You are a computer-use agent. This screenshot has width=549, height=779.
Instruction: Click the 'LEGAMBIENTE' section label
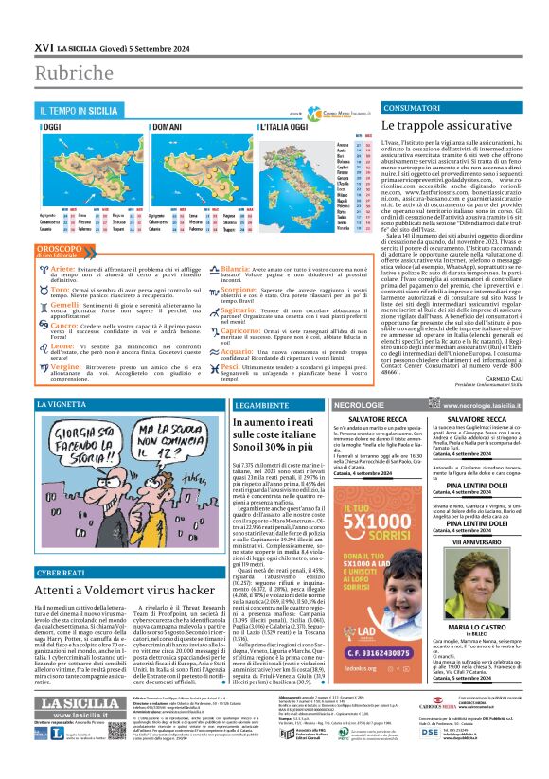click(262, 404)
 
